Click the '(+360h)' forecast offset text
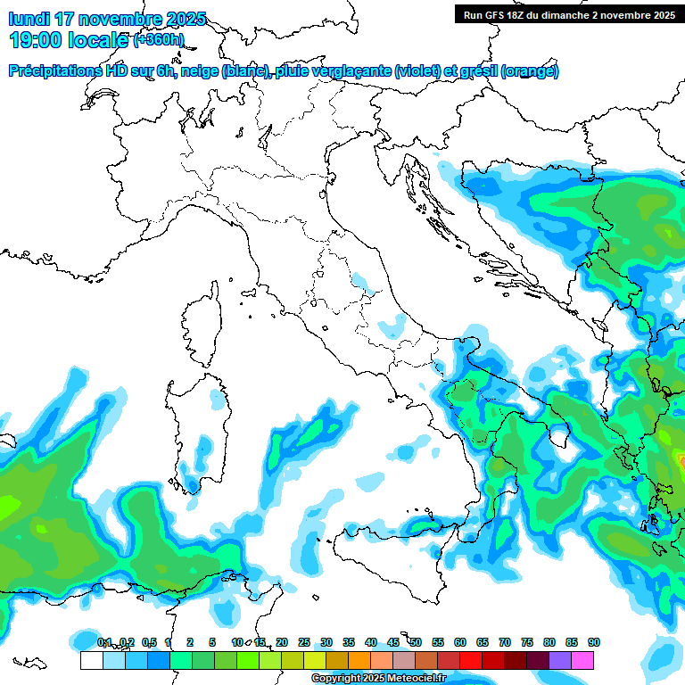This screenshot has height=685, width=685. [159, 40]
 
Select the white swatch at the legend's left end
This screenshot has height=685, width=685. [91, 660]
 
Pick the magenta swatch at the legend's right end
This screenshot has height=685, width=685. [582, 660]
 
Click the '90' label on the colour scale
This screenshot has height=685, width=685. [594, 642]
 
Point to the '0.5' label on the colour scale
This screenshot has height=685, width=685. [148, 642]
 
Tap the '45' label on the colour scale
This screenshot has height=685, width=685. [393, 642]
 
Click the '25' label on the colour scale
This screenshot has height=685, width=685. [304, 642]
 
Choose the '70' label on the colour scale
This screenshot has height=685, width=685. [505, 642]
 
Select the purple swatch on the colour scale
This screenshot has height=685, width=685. [560, 660]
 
